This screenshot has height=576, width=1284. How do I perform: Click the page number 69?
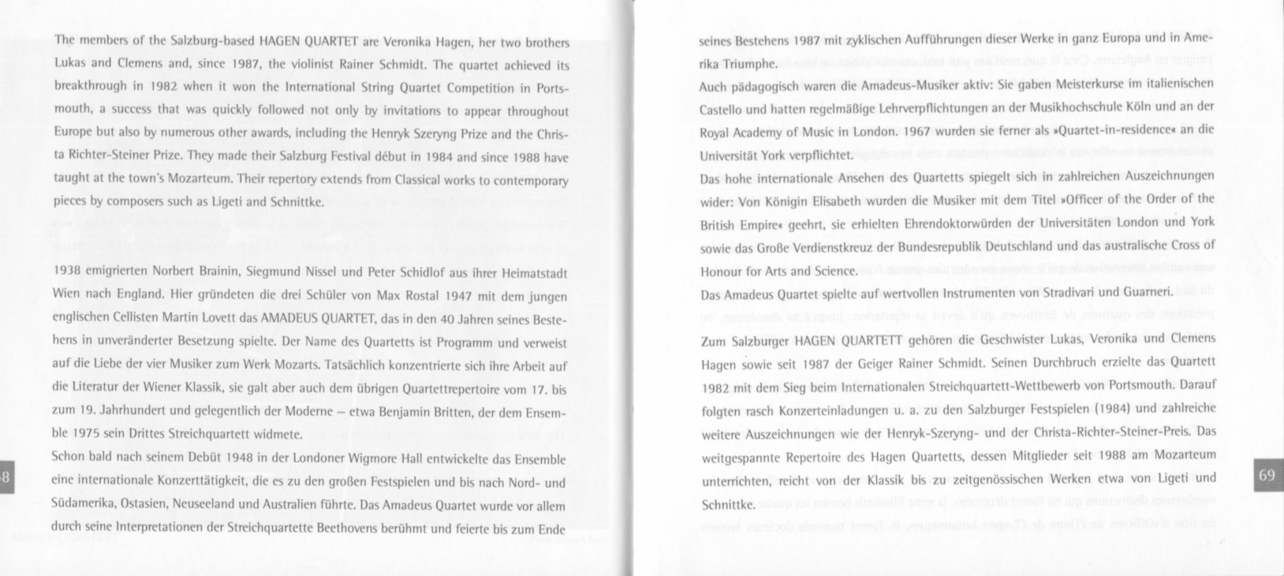tap(1267, 475)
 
